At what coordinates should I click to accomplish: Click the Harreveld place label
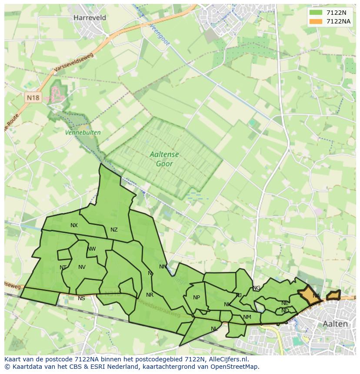[90, 18]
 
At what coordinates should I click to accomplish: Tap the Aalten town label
[335, 324]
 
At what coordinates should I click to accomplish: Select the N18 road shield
[33, 97]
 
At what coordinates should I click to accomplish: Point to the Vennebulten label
[83, 132]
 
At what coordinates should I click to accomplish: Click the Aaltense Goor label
[164, 159]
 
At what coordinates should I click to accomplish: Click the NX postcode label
[74, 225]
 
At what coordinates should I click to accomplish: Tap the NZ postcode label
[114, 230]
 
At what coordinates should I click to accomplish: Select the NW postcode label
[91, 249]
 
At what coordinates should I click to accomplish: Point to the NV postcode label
[82, 267]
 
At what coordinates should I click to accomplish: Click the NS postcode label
[81, 298]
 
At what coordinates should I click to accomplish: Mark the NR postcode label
[150, 295]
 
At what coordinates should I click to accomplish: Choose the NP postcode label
[197, 298]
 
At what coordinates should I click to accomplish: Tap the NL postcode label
[214, 329]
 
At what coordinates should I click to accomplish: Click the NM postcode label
[247, 317]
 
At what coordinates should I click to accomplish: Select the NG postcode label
[257, 288]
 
